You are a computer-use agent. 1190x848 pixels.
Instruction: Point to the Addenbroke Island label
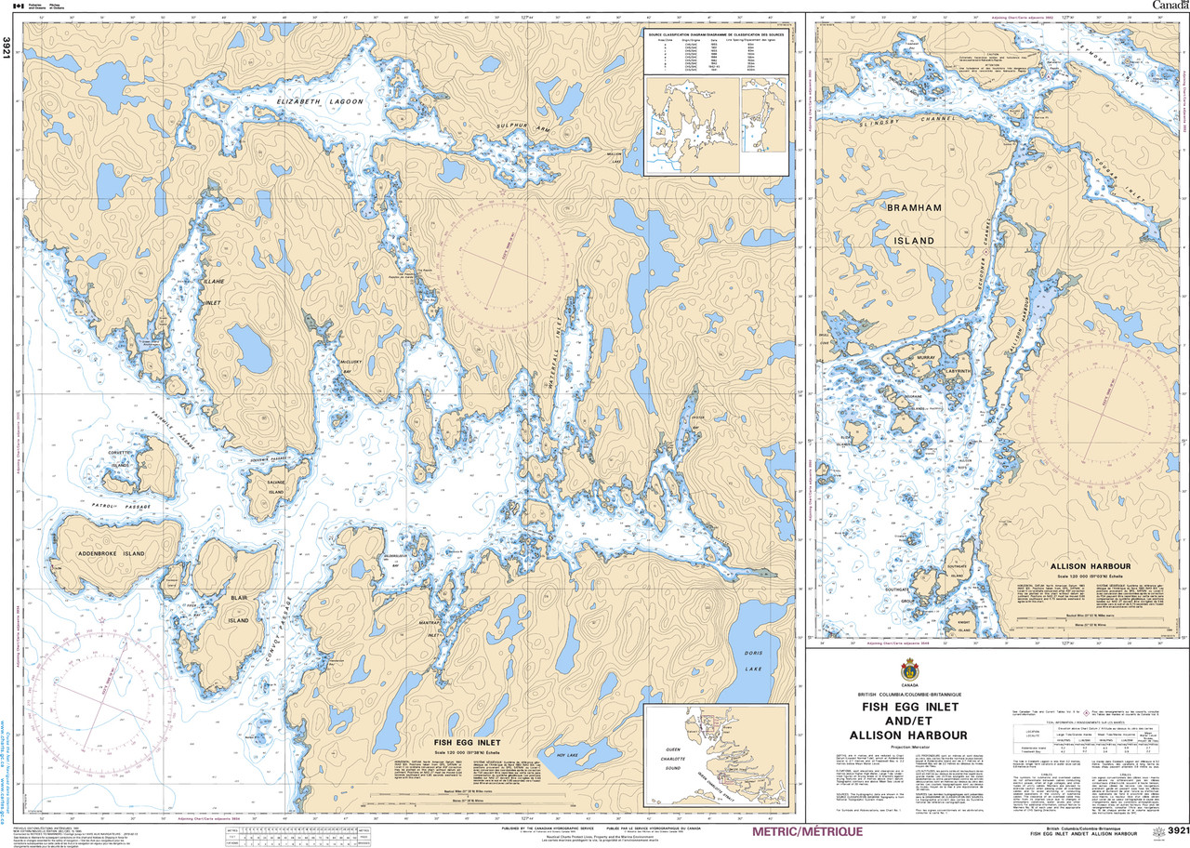(112, 553)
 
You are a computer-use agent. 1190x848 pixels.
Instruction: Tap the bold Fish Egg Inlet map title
(467, 742)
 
